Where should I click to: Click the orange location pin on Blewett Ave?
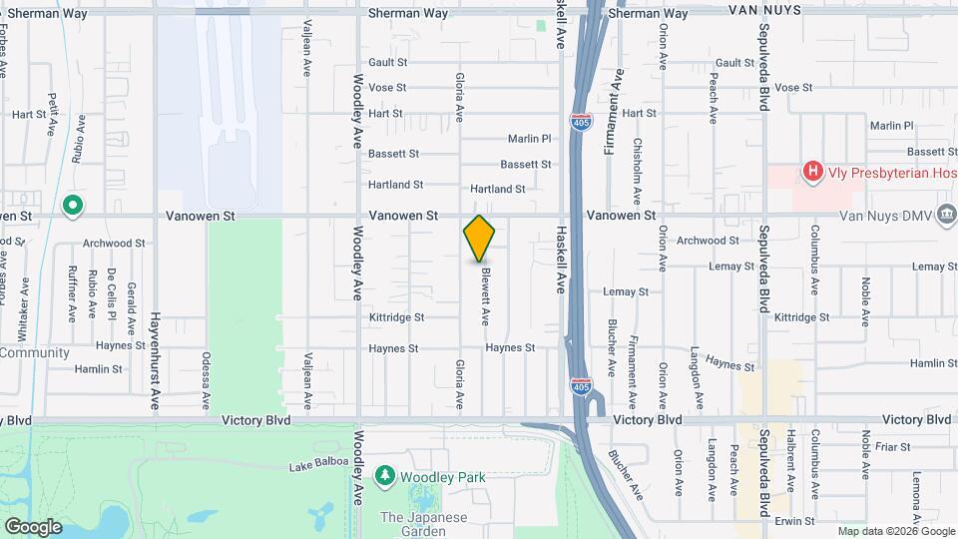click(x=480, y=239)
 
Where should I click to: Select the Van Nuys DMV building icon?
click(x=946, y=216)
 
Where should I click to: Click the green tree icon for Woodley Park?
click(x=385, y=477)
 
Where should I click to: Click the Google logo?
click(x=33, y=526)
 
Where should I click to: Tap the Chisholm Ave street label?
click(x=637, y=161)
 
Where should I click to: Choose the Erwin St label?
click(x=796, y=521)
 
